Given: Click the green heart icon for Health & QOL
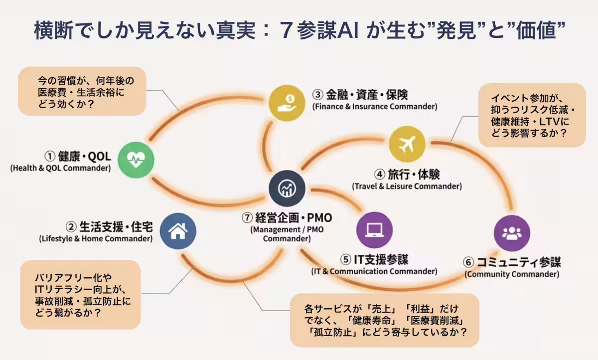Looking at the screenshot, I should [136, 160].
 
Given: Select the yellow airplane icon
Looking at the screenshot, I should [407, 144].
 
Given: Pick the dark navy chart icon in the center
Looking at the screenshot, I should [287, 187].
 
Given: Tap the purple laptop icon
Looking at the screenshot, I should [374, 230].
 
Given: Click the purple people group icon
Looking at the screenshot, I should [511, 233].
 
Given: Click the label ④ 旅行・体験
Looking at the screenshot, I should [407, 175].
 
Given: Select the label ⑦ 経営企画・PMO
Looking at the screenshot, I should [287, 218].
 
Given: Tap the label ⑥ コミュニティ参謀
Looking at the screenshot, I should [512, 262].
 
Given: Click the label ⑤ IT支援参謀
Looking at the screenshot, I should [374, 260].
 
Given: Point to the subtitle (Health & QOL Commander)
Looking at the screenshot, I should [60, 169].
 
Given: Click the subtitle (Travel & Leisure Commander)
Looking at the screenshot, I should [407, 186].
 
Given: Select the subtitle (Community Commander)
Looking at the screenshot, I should [512, 274].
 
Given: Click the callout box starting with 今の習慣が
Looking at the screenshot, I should [82, 92].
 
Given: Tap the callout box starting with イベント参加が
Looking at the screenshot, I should [531, 115].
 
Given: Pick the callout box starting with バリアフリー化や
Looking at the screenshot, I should [80, 295].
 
